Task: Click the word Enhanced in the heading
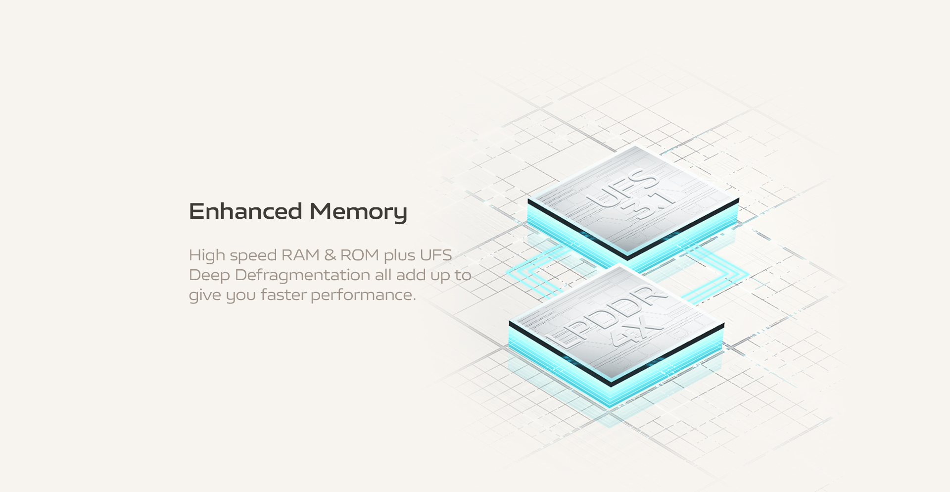[x=245, y=211]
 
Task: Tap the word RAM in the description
[x=300, y=255]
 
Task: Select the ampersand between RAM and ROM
[x=330, y=255]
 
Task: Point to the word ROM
[x=360, y=255]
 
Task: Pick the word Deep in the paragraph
[x=209, y=275]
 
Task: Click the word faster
[x=284, y=295]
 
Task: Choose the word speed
[x=253, y=256]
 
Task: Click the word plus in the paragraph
[x=399, y=255]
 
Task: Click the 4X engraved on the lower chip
[x=636, y=332]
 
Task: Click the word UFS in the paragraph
[x=435, y=255]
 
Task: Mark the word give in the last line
[x=205, y=295]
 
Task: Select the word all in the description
[x=383, y=275]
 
